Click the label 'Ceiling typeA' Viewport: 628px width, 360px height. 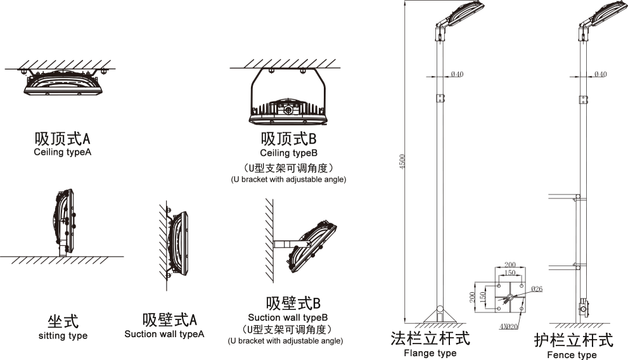63,153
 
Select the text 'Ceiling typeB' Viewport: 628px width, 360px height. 288,153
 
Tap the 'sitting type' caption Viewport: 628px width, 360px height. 63,335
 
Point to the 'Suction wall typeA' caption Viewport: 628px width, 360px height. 164,334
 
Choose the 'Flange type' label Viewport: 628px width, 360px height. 430,353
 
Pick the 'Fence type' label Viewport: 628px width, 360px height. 572,355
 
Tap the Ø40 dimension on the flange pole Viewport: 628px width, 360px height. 457,75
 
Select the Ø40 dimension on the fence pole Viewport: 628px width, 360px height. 599,75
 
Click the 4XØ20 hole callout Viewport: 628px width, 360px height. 508,326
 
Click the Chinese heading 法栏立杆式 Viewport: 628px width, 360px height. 430,338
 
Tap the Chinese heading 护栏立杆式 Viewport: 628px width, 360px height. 573,340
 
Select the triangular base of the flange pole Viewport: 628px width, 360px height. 439,314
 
